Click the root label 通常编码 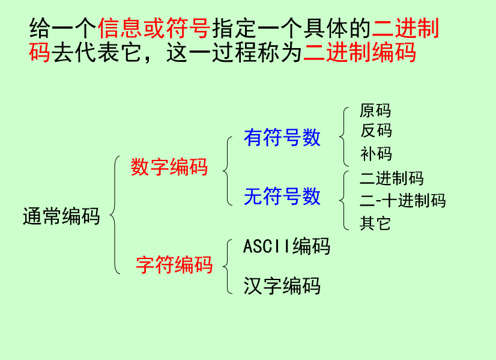[61, 216]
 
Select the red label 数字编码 [169, 166]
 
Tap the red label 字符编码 [174, 264]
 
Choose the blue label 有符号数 [282, 138]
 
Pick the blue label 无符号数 [282, 197]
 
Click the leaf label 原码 [375, 111]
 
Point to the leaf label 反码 [375, 130]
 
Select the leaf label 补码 [375, 154]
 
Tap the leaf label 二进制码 [392, 178]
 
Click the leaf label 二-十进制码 [402, 200]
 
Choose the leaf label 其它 [375, 224]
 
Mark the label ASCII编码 [286, 246]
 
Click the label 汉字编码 [282, 285]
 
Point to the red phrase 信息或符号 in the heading [153, 28]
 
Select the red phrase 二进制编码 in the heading [360, 53]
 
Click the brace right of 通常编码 [114, 215]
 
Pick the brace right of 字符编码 [227, 266]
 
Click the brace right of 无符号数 [343, 200]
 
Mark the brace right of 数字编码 [227, 171]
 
